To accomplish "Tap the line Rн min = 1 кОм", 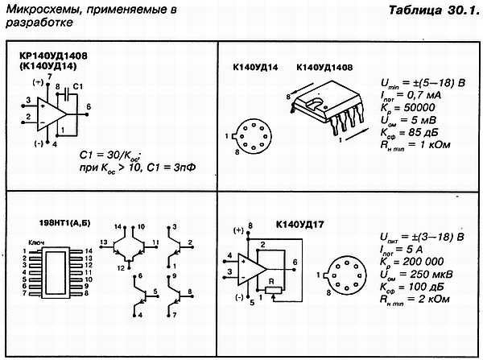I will pyautogui.click(x=414, y=145).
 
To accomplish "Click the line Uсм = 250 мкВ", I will pyautogui.click(x=415, y=275).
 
